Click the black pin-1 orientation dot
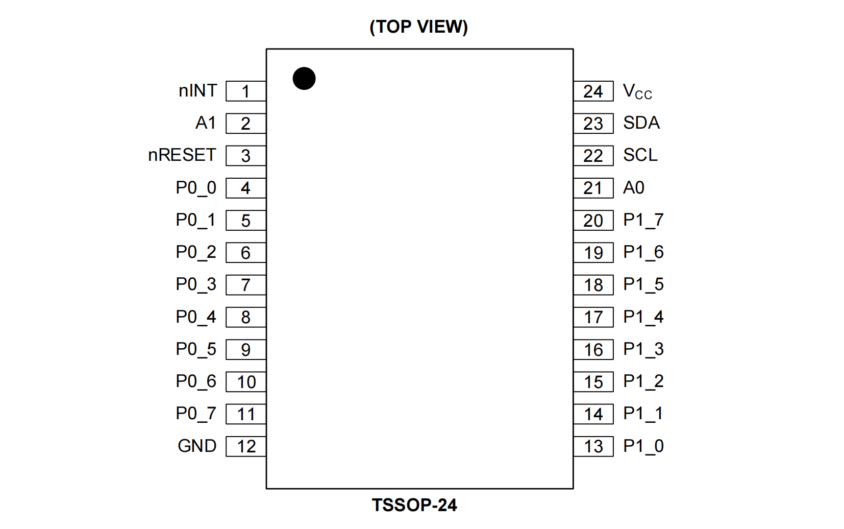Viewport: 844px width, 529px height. tap(304, 79)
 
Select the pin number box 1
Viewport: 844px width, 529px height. tap(245, 91)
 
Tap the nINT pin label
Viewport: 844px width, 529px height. tap(198, 91)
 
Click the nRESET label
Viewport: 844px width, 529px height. tap(182, 155)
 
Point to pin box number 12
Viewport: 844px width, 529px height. tap(245, 446)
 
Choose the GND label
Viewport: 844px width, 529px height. tap(197, 446)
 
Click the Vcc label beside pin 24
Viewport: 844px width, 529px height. tap(637, 92)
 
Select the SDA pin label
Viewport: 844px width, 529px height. tap(641, 123)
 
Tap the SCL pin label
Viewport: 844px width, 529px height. tap(640, 155)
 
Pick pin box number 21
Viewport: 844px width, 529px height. tap(593, 188)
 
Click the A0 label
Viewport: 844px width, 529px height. tap(634, 188)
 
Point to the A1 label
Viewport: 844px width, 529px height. tap(206, 123)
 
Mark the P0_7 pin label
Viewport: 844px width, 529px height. tap(196, 414)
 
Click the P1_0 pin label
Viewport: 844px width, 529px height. tap(643, 446)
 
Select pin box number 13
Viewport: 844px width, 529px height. tap(593, 446)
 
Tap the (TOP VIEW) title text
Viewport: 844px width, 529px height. tap(418, 27)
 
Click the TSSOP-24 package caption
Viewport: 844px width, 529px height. tap(414, 505)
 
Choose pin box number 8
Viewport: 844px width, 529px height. tap(245, 317)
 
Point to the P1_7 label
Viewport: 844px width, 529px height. tap(643, 220)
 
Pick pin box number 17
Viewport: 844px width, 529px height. tap(593, 317)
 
